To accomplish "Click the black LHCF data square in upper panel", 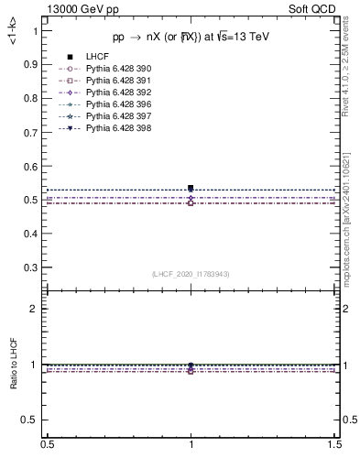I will [191, 188].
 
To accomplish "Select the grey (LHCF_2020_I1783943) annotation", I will [191, 274].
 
